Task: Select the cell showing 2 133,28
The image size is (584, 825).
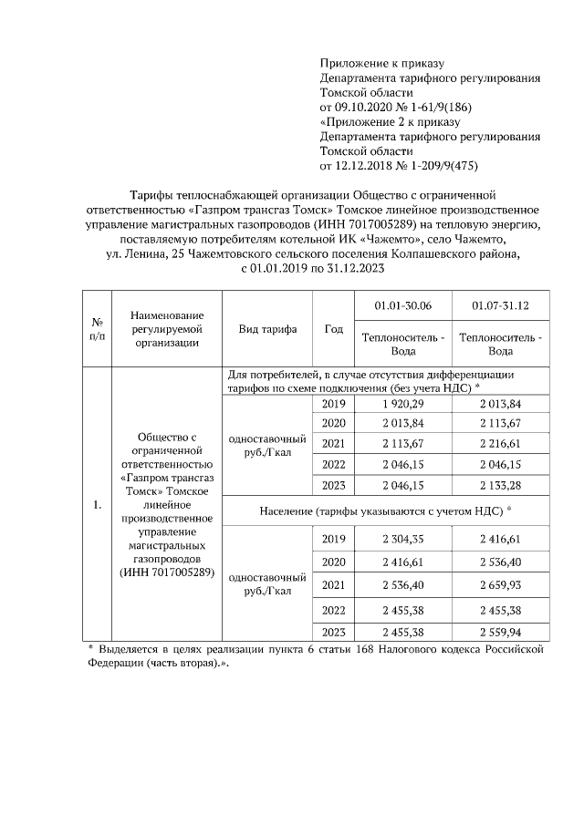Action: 500,485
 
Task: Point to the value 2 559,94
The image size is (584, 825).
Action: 500,632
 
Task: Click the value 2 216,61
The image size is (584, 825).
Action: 500,444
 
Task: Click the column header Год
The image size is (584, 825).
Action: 333,329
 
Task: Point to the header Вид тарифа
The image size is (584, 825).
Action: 267,329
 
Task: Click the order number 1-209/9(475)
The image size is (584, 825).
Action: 443,165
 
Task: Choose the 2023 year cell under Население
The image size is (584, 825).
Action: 333,632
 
